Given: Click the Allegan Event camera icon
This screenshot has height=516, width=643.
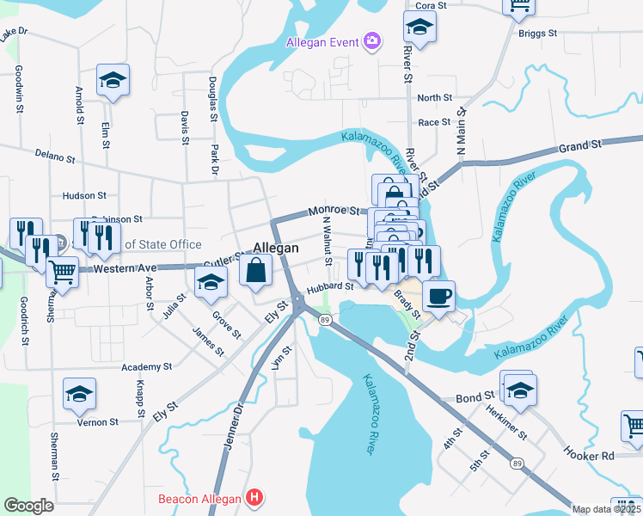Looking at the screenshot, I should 371,41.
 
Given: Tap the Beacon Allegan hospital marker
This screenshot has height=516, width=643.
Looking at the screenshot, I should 254,498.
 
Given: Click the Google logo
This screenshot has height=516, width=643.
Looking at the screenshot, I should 28,506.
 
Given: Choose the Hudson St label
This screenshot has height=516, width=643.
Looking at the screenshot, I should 84,196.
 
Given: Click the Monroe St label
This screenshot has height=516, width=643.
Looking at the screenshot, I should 334,210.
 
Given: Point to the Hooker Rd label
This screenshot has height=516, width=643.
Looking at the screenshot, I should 589,453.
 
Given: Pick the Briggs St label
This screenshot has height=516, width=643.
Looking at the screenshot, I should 538,34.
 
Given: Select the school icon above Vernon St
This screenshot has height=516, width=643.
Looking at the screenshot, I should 80,394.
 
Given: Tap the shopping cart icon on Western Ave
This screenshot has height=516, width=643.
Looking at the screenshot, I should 62,273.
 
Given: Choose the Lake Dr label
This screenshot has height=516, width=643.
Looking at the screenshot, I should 15,34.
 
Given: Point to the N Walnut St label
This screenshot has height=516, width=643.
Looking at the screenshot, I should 327,242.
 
